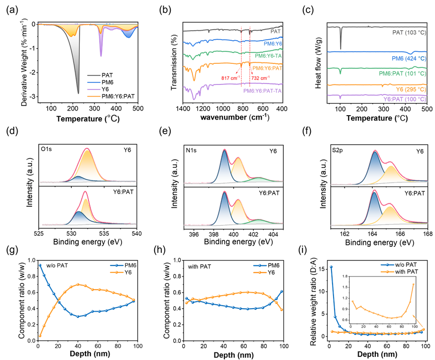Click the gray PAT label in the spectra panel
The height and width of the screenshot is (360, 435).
coord(275,31)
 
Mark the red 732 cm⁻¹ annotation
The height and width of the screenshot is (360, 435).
coord(260,78)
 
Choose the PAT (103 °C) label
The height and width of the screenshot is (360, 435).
coord(409,33)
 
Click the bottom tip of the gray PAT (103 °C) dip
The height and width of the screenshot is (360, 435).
coord(341,49)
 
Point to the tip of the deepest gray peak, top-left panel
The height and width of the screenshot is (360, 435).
coord(78,94)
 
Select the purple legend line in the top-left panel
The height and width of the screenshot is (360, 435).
coord(94,89)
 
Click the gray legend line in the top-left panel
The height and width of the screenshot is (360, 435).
coord(94,75)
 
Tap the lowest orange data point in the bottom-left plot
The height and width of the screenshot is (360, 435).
coord(40,335)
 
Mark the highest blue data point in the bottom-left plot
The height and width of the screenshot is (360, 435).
coord(40,264)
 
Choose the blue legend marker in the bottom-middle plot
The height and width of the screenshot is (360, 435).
coord(260,265)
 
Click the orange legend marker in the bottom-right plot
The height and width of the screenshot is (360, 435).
coord(387,272)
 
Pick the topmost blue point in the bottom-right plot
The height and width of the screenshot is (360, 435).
coord(331,266)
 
